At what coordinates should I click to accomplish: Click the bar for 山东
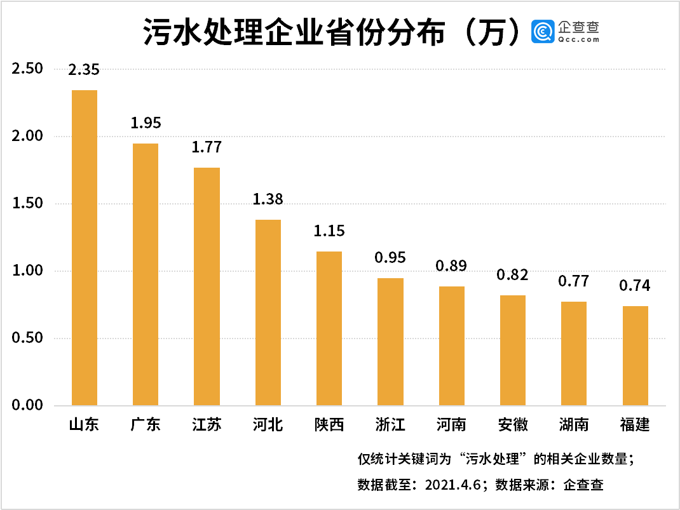click(85, 248)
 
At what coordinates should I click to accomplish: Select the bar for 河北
click(268, 312)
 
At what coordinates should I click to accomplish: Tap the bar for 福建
click(635, 356)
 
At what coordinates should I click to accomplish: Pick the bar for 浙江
click(390, 342)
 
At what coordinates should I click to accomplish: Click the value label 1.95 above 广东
click(146, 123)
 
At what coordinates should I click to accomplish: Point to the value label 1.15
click(329, 231)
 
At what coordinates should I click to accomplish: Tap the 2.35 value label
click(85, 69)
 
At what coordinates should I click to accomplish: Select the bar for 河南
click(451, 346)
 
